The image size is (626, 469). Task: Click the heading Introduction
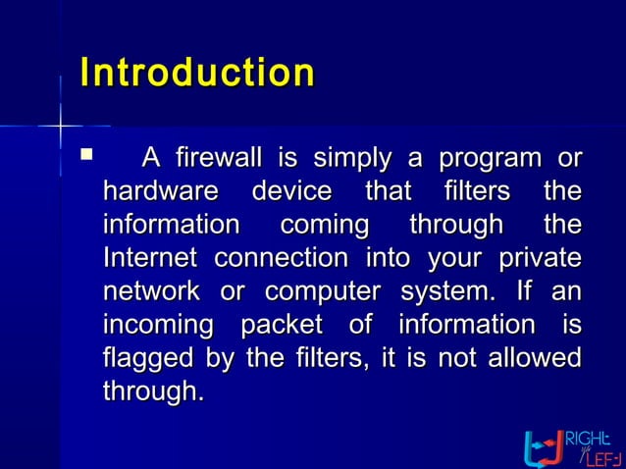click(197, 74)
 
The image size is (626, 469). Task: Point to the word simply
click(351, 157)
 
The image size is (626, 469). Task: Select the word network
click(151, 291)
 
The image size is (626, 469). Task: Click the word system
click(447, 292)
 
